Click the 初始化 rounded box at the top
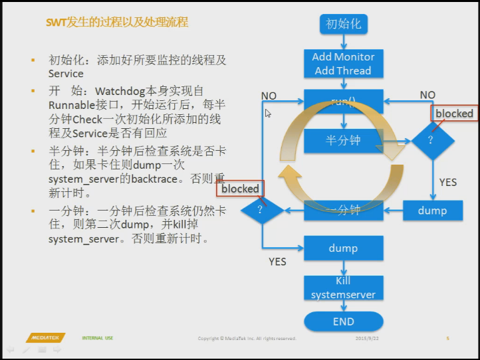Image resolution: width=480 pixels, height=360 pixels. point(343,24)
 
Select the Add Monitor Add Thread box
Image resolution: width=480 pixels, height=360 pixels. point(343,64)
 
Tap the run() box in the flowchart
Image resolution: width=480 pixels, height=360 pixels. point(343,102)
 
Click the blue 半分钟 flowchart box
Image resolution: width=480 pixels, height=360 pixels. point(343,140)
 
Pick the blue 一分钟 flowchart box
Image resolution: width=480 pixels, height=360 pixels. point(343,211)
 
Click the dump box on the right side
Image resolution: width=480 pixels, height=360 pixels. point(432,211)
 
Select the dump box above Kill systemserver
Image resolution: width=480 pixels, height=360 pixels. point(343,248)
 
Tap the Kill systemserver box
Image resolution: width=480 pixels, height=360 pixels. point(343,288)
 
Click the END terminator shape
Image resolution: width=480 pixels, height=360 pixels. point(343,321)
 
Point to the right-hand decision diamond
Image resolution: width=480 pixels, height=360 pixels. point(432,140)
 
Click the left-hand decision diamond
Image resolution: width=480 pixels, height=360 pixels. point(262,211)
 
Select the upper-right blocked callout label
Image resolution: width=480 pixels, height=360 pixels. point(454,114)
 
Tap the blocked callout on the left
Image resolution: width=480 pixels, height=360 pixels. point(240,189)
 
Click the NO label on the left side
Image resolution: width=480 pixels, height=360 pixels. point(269,96)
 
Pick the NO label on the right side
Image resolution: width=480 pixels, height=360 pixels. point(427,95)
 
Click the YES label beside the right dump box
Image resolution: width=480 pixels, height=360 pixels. point(448,182)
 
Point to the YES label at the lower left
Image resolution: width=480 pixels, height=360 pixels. point(277,262)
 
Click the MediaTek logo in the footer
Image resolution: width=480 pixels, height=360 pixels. point(46,338)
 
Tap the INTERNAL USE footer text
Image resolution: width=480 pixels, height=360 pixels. point(98,338)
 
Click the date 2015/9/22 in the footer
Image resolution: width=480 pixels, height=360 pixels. point(367,339)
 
